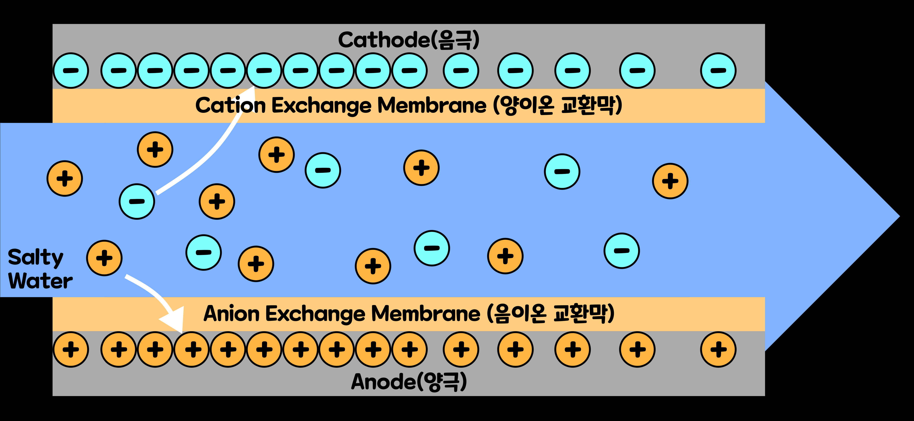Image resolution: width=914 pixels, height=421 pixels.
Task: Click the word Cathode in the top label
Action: [383, 40]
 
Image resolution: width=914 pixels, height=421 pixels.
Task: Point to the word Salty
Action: [36, 257]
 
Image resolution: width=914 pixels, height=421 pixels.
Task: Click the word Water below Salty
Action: [40, 281]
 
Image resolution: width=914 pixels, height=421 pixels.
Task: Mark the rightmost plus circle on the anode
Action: [718, 349]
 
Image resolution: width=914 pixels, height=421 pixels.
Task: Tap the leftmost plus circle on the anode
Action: [71, 349]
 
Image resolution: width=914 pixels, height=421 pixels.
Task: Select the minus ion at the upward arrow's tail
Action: [137, 201]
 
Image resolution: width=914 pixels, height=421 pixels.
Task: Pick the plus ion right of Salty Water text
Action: [104, 258]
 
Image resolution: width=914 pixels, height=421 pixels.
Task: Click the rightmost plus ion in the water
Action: [670, 181]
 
